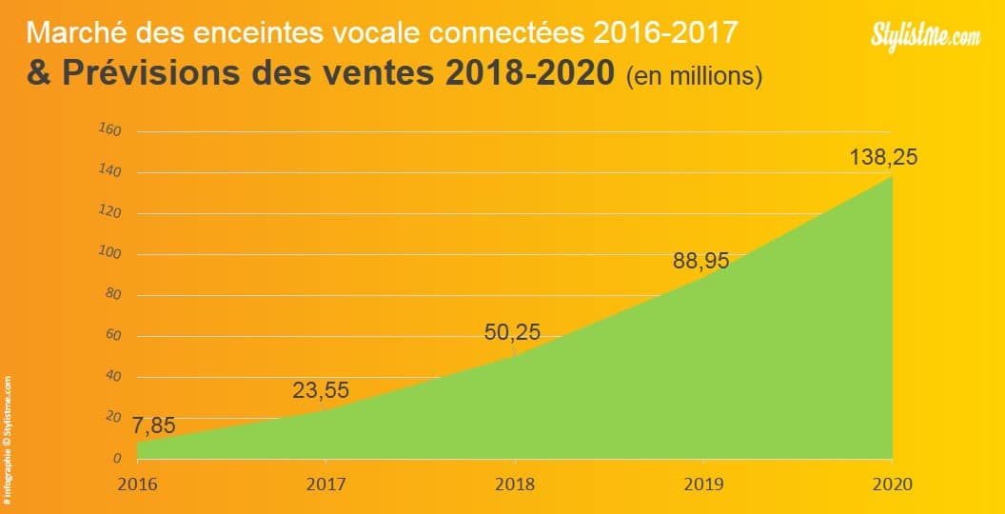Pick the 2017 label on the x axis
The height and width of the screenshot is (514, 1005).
pos(325,484)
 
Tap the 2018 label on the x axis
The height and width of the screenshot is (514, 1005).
pos(514,484)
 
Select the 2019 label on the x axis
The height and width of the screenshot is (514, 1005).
pos(703,484)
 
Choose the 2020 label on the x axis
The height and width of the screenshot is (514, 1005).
pos(892,484)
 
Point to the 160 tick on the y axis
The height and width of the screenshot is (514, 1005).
pos(110,130)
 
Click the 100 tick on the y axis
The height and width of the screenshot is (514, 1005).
pos(110,253)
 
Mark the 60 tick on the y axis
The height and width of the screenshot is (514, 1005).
pos(113,335)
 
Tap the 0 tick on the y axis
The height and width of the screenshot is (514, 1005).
pos(117,459)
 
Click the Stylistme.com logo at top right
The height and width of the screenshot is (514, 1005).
pos(925,36)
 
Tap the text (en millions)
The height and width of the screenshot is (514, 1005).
pos(695,76)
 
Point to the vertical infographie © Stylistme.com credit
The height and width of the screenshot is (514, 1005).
pos(8,439)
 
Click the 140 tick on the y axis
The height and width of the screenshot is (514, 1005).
pos(110,171)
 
